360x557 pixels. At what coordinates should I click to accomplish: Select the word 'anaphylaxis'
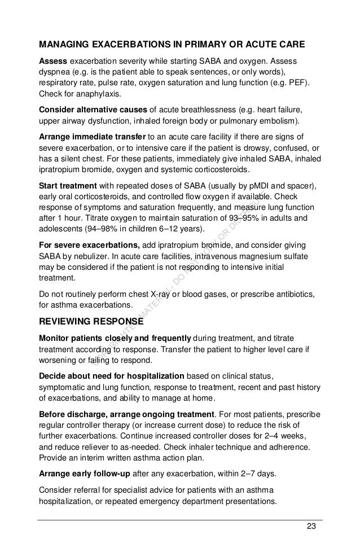coord(76,94)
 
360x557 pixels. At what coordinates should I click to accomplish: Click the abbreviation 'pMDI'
coord(273,186)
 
